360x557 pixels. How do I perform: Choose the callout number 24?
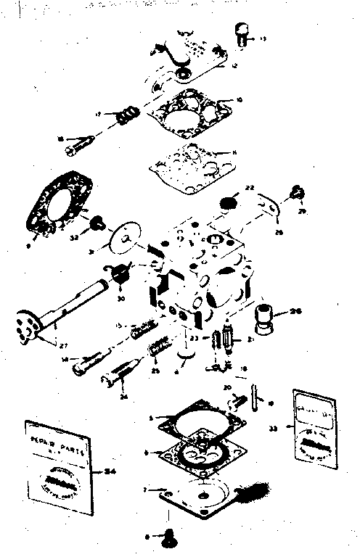point(102,396)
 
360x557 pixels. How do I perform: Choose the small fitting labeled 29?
point(296,192)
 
